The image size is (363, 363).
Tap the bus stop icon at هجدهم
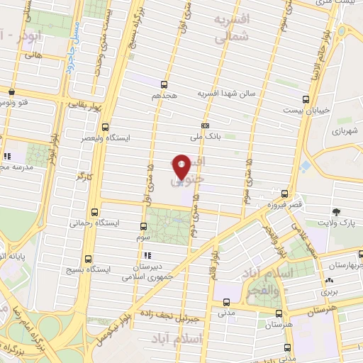click(164, 84)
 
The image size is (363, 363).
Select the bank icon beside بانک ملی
click(204, 126)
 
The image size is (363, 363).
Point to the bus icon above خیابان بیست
click(306, 99)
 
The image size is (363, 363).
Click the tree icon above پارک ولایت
click(336, 211)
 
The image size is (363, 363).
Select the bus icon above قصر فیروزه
click(284, 193)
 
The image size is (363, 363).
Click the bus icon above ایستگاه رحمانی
click(96, 211)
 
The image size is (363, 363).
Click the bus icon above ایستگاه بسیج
click(88, 259)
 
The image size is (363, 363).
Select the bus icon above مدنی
click(226, 300)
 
